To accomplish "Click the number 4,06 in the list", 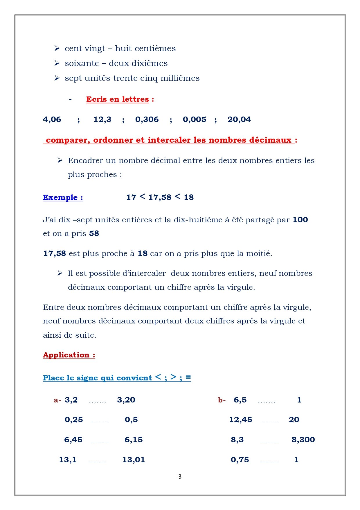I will (x=52, y=119).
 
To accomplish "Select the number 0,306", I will (x=147, y=119).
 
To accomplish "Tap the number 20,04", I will (x=239, y=119).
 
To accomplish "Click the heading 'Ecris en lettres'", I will (x=117, y=99).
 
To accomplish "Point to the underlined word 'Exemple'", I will (x=60, y=198).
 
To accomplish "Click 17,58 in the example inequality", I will (x=160, y=198).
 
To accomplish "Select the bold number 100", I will (x=300, y=220).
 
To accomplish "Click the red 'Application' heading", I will (x=66, y=355).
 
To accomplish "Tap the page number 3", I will (x=180, y=477).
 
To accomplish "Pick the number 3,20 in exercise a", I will (x=126, y=400).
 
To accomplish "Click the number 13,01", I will (x=134, y=460).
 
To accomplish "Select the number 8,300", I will (x=303, y=440).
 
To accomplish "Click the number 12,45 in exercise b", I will (x=241, y=420).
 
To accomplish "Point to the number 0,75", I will (x=240, y=460).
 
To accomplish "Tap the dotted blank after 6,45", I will (x=100, y=441).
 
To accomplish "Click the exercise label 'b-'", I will (x=222, y=400).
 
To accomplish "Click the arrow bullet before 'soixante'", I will (x=57, y=63).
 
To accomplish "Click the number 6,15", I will (x=134, y=440).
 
